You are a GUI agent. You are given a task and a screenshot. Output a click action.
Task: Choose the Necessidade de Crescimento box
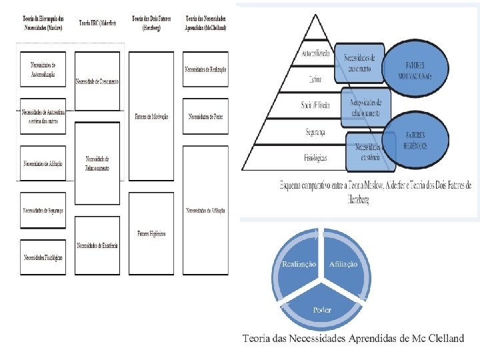point(97,81)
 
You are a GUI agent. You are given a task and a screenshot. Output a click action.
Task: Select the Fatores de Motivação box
point(151,116)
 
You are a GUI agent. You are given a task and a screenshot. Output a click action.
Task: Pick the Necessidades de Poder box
point(205,116)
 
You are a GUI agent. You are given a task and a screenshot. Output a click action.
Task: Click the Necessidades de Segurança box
point(43,210)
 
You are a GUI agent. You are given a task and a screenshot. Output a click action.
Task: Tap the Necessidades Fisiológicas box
point(43,257)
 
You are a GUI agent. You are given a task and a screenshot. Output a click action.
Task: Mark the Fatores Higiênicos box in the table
point(151,234)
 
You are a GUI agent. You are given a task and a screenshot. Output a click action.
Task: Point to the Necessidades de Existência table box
point(97,245)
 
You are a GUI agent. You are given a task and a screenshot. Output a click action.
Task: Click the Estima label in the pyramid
point(315,79)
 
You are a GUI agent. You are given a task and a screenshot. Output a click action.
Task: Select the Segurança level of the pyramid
point(315,132)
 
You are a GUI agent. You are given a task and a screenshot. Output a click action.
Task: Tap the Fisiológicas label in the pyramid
point(315,158)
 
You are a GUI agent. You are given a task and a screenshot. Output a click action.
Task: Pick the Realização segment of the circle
point(299,265)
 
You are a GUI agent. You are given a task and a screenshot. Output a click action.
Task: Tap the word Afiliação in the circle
point(343,265)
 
